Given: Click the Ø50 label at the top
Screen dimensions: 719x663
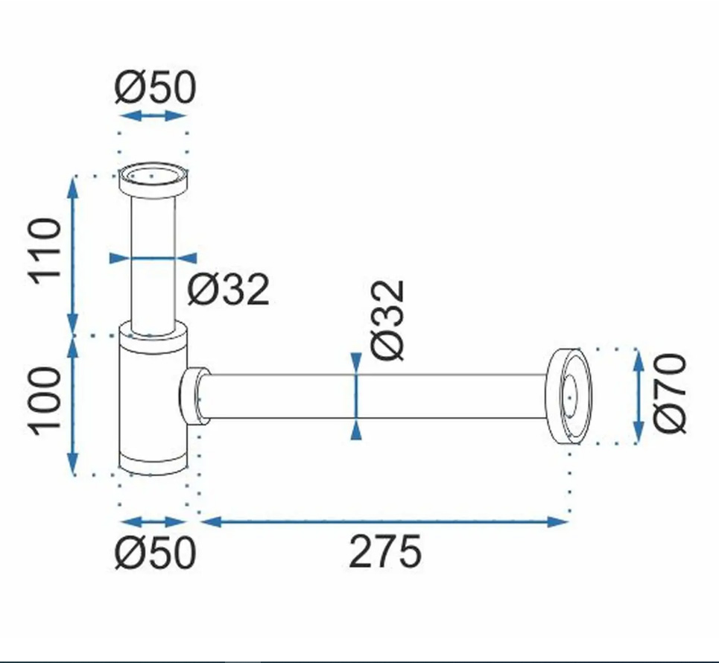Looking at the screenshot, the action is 155,87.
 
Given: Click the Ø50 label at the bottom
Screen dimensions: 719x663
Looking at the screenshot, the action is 155,553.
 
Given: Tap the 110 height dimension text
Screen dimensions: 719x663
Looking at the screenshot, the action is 45,252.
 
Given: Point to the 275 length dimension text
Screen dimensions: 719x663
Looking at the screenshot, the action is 384,551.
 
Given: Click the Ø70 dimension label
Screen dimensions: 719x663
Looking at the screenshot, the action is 670,393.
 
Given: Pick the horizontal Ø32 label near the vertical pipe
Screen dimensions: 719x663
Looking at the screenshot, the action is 228,289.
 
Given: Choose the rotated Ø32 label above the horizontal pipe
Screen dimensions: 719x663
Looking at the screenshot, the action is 388,320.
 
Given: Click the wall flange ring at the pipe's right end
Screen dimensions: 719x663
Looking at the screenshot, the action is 568,396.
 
